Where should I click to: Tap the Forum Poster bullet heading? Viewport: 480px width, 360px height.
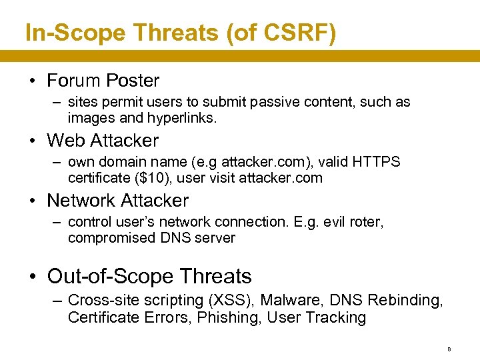103,81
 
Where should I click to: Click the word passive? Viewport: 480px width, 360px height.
287,102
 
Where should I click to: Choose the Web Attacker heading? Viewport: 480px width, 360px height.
103,141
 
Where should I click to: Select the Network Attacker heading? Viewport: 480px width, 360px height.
117,201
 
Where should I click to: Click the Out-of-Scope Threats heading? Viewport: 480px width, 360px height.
149,276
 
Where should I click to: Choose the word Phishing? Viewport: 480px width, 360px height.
228,317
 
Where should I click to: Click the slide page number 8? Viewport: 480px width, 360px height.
449,349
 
